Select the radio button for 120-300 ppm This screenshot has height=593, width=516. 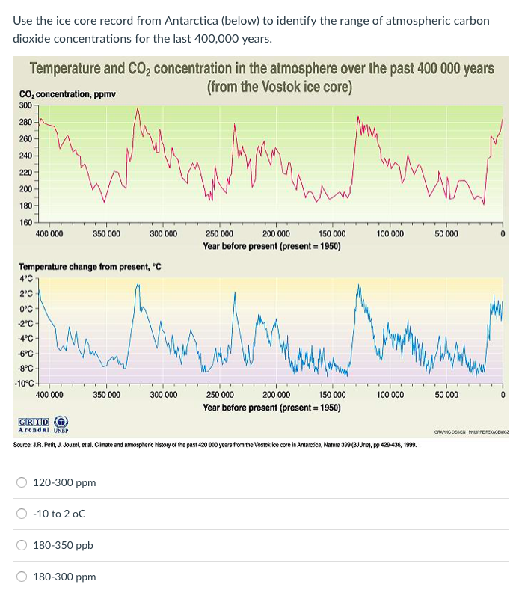point(23,483)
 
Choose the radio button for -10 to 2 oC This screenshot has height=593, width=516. point(23,514)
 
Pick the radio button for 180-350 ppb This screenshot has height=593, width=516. point(23,546)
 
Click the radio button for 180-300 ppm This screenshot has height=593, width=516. point(23,577)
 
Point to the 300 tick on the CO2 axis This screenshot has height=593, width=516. point(25,106)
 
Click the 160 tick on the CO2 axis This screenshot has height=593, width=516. point(25,222)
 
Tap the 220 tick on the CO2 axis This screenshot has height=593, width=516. point(25,172)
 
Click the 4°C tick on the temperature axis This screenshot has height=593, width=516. point(25,279)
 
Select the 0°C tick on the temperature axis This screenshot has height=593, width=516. point(25,308)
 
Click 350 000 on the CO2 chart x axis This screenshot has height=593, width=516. point(107,234)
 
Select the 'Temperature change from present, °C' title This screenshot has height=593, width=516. point(90,267)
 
